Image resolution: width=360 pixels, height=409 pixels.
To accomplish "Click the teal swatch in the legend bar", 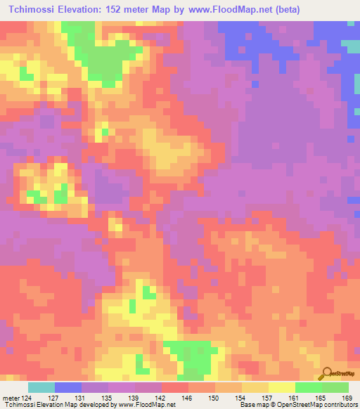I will [41, 387].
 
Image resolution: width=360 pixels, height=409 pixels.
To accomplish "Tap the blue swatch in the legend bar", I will [68, 387].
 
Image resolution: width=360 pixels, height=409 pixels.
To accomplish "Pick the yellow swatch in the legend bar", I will [281, 387].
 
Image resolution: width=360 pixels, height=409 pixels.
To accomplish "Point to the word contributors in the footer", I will [337, 405].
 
